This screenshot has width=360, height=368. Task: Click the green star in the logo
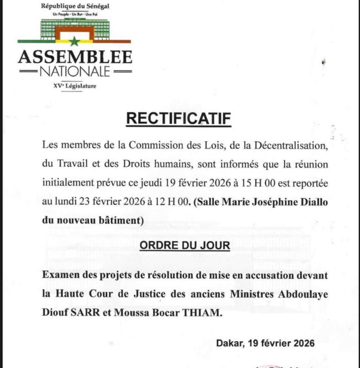click(74, 42)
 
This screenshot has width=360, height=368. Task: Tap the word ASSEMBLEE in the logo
click(75, 57)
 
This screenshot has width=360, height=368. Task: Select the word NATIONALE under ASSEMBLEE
click(75, 72)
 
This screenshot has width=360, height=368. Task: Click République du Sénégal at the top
click(75, 6)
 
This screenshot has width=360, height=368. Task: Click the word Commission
click(154, 145)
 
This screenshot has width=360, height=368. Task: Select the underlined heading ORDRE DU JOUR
click(185, 245)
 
